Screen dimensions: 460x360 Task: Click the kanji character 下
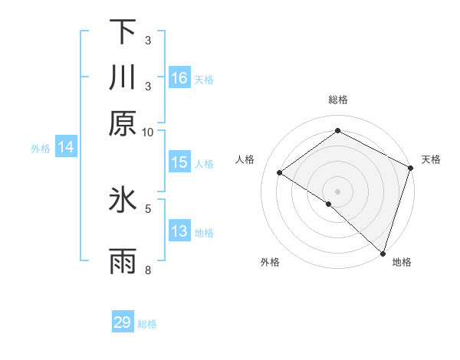tap(123, 32)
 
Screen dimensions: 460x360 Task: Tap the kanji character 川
tap(123, 77)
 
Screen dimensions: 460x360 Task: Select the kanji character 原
tap(123, 123)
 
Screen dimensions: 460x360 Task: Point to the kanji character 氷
tap(123, 201)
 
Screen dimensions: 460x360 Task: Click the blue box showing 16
tap(179, 78)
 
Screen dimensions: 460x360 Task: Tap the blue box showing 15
tap(179, 162)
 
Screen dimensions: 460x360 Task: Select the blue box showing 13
tap(179, 231)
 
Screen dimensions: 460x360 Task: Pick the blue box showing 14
tap(66, 148)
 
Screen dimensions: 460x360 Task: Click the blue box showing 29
tap(123, 322)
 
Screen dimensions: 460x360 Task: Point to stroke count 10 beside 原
tap(148, 132)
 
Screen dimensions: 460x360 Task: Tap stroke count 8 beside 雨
tap(149, 270)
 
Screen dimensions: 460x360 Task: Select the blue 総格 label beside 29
tap(147, 324)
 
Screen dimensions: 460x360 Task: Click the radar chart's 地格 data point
tap(382, 253)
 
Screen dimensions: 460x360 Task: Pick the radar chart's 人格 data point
tap(280, 173)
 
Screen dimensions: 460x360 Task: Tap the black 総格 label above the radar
tap(338, 100)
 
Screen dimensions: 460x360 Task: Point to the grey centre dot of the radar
tap(337, 191)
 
